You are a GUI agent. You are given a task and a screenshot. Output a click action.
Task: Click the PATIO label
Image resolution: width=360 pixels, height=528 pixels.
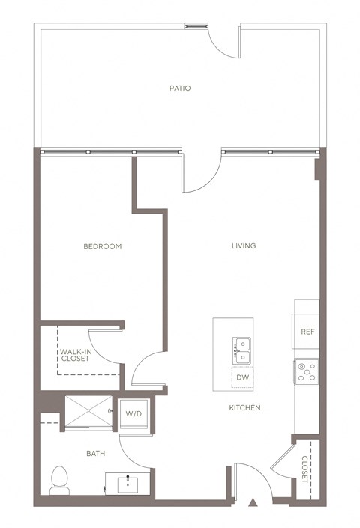179,88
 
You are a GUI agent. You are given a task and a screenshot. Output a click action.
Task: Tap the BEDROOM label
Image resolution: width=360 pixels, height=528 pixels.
102,246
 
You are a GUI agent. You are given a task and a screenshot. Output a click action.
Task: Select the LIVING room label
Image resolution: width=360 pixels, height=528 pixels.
244,245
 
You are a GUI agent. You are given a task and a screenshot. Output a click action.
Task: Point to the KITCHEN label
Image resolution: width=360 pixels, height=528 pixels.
244,408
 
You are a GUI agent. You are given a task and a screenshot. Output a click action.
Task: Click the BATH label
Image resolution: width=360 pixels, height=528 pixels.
95,453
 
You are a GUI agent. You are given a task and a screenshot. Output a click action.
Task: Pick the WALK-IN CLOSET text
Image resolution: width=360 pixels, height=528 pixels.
75,354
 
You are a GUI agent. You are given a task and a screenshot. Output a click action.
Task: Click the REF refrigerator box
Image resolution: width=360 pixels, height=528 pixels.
307,331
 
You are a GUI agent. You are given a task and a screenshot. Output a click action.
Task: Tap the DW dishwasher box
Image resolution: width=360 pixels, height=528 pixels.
242,377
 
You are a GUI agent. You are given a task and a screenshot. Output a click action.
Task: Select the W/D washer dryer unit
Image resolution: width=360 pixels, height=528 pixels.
133,413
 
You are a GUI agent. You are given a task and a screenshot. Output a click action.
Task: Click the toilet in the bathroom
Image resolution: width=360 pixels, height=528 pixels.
59,480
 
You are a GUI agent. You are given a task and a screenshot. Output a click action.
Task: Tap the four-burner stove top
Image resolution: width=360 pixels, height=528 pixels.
306,370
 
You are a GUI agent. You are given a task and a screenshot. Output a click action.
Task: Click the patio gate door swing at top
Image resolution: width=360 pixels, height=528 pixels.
225,41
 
